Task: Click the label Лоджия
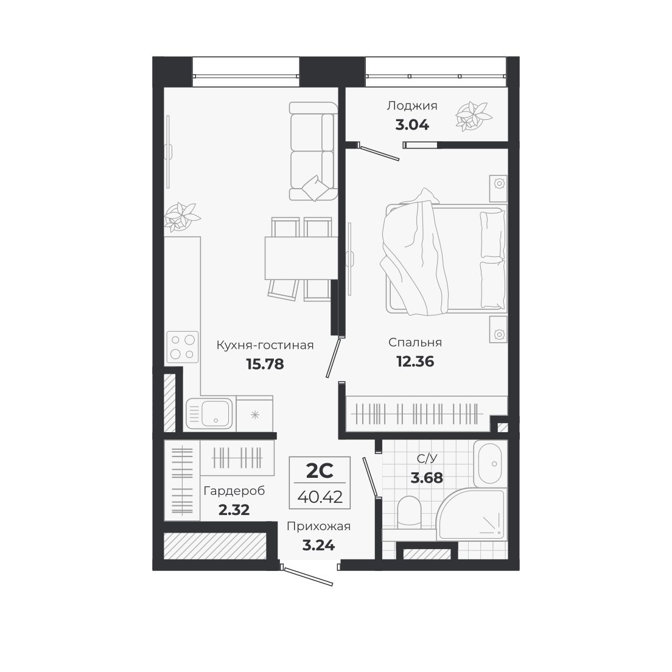(411, 106)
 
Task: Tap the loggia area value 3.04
(411, 125)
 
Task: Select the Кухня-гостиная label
(265, 345)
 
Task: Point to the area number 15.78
(265, 364)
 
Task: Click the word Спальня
(415, 342)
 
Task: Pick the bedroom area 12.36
(415, 362)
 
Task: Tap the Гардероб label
(234, 491)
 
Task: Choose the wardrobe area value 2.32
(234, 510)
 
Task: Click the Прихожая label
(318, 527)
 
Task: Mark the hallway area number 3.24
(318, 545)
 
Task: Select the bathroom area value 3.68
(427, 478)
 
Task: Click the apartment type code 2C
(318, 471)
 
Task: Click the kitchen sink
(210, 413)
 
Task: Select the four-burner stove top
(183, 346)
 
